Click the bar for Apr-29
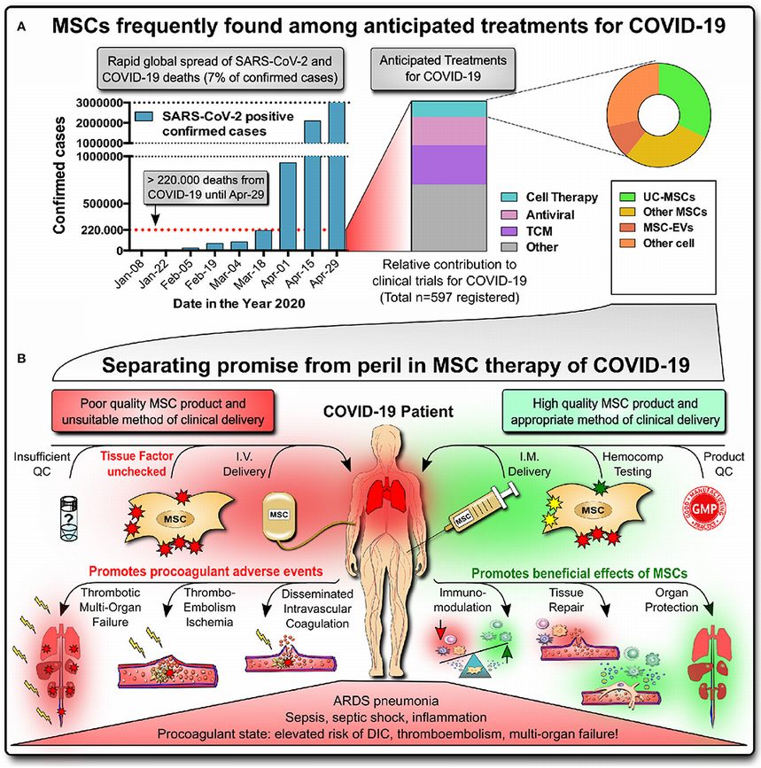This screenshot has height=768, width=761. [x=337, y=177]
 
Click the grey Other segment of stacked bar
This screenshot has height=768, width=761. [x=448, y=217]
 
